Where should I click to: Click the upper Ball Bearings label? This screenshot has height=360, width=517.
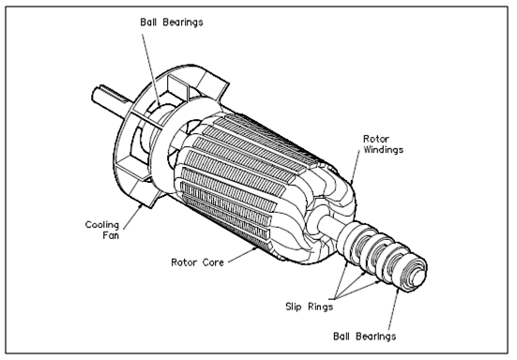[172, 22]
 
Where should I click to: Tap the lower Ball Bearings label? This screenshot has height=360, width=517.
[364, 337]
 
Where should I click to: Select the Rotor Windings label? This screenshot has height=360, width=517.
[383, 144]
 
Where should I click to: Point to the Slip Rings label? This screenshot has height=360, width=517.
[309, 307]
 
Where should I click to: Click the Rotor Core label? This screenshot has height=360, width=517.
[197, 262]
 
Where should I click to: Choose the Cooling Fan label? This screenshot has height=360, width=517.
[102, 230]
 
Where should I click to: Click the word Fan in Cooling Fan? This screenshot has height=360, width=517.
[111, 235]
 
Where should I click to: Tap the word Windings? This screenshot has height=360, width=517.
[383, 149]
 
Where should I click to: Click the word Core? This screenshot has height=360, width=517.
[213, 262]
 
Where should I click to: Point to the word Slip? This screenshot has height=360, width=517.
[294, 307]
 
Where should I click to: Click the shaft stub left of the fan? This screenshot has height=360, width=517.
[109, 98]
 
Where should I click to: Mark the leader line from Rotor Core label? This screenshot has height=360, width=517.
[243, 255]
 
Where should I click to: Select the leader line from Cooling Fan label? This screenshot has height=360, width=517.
[133, 216]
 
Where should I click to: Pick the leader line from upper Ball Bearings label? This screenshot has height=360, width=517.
[151, 70]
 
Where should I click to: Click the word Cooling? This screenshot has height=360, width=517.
[102, 225]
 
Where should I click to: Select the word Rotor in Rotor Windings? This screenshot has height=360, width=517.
[376, 139]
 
